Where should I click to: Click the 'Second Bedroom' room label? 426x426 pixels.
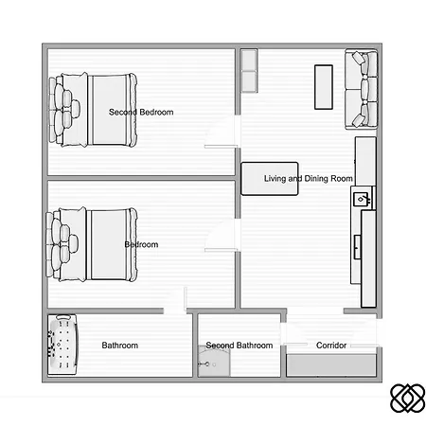(x=141, y=113)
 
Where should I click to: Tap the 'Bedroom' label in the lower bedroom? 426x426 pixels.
(x=141, y=245)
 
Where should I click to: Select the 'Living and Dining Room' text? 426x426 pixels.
(x=309, y=178)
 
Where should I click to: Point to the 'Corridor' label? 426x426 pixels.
(x=331, y=346)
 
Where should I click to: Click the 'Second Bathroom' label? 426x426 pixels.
(x=240, y=346)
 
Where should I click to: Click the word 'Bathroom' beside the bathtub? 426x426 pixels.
(x=119, y=346)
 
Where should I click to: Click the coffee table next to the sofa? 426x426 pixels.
(x=324, y=85)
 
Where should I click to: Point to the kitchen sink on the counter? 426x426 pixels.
(x=362, y=199)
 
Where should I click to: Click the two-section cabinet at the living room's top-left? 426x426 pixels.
(x=249, y=73)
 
